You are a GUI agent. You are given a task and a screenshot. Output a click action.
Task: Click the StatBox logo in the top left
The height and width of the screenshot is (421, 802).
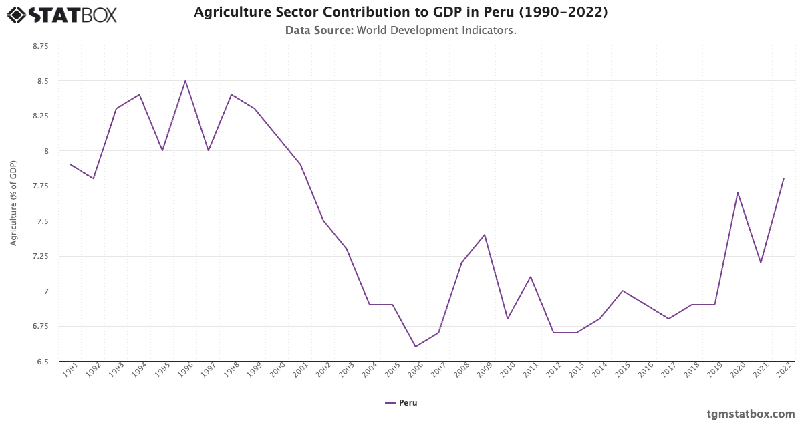(x=61, y=15)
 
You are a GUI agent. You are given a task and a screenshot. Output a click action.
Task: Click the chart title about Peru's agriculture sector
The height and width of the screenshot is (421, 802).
(x=400, y=13)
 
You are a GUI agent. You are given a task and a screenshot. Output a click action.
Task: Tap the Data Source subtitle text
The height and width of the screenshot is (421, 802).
(x=400, y=31)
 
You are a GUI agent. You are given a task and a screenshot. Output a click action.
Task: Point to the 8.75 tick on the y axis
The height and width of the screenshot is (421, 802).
(x=40, y=46)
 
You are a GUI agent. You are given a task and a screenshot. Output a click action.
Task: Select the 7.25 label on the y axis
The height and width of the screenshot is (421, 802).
(x=40, y=256)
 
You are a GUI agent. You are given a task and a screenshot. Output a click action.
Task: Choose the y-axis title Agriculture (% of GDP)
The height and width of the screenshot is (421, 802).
(x=13, y=203)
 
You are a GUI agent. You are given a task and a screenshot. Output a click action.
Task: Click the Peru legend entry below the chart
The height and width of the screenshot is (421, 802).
(x=401, y=403)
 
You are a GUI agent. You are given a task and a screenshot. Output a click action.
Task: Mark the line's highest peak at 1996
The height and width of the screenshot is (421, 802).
(x=185, y=81)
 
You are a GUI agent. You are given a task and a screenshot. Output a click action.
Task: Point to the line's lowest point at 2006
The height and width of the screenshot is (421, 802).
(x=415, y=347)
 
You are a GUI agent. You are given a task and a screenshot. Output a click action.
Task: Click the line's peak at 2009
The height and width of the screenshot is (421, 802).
(x=485, y=235)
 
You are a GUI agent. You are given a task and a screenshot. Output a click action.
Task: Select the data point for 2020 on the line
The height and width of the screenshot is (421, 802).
(x=737, y=192)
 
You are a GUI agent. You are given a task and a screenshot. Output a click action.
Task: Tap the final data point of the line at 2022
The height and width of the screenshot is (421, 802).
(x=783, y=178)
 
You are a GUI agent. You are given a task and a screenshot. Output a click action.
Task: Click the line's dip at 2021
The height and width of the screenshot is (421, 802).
(x=761, y=263)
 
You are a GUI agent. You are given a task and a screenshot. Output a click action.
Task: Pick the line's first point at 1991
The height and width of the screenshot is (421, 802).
(x=70, y=164)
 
